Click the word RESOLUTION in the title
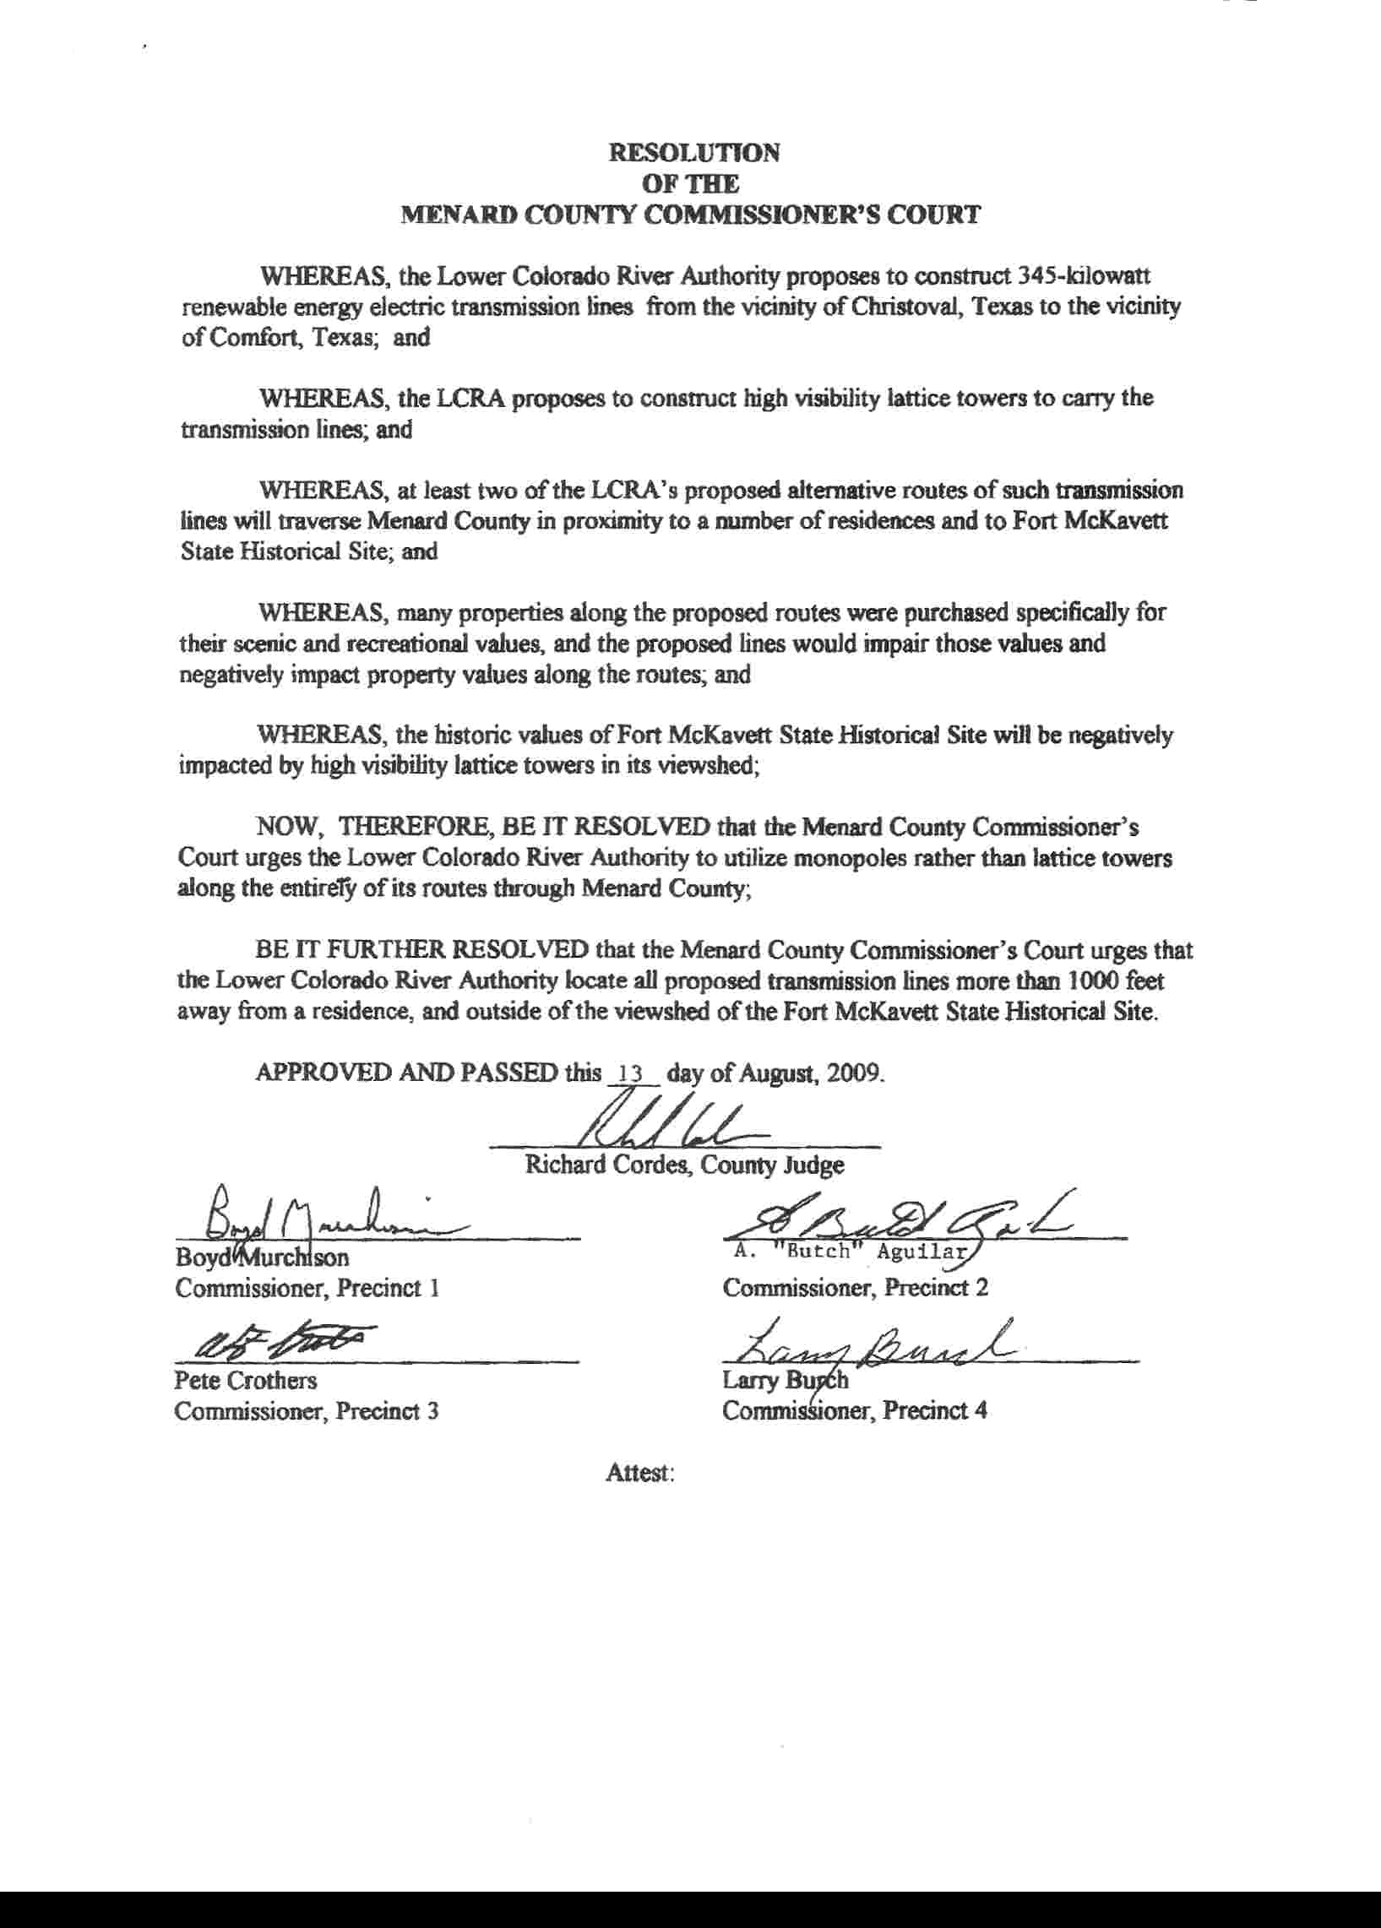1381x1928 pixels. coord(694,153)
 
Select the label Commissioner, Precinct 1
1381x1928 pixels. coord(307,1288)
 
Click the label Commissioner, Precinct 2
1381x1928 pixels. coord(855,1288)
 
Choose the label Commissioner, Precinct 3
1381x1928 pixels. coord(307,1411)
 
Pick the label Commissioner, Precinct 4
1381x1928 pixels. coord(855,1411)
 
